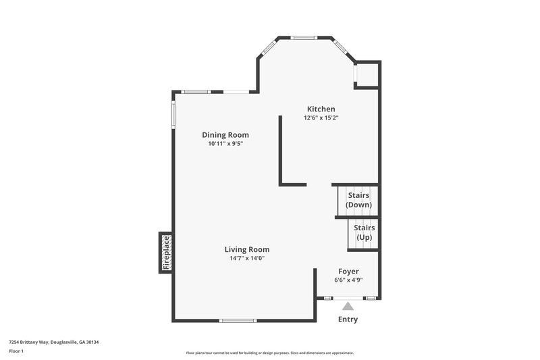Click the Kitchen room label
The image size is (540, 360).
321,109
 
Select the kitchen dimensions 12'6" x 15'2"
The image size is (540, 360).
321,118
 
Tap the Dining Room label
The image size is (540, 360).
225,134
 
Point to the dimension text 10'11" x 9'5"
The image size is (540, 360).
225,143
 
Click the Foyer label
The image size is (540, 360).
348,271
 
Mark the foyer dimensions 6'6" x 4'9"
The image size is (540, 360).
348,280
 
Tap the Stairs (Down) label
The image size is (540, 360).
358,200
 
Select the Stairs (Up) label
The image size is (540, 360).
364,233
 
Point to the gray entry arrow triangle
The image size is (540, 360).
348,306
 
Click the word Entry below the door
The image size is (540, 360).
348,319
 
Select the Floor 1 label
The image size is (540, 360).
16,351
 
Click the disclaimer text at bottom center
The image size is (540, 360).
269,353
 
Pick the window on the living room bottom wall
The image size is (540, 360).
238,320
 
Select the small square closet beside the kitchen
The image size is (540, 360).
367,75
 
